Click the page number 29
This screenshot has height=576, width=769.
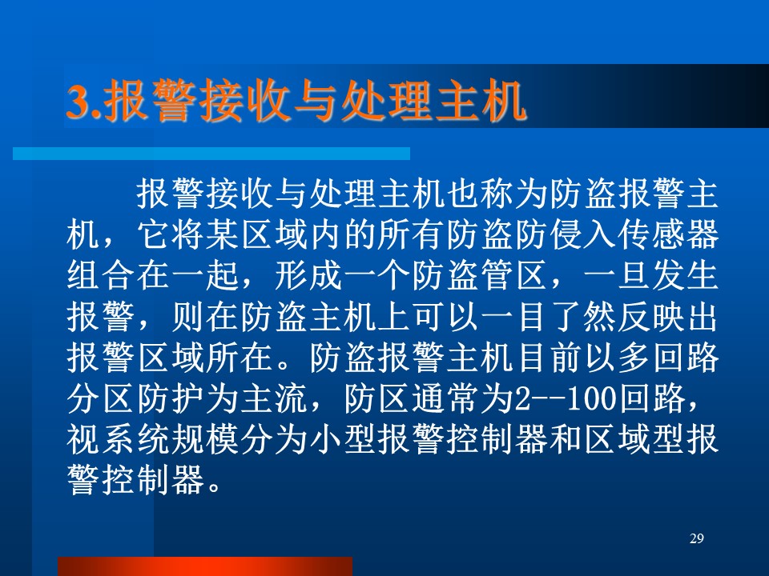696,538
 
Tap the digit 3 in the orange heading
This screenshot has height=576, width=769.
77,102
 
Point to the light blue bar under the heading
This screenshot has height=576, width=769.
211,154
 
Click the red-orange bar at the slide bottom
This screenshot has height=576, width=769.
205,566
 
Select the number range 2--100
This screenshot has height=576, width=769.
564,398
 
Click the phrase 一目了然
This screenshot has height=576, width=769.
547,317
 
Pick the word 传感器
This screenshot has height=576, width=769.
667,234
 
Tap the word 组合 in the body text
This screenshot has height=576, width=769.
101,276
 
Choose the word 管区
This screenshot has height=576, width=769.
513,276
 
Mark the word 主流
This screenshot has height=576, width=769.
272,398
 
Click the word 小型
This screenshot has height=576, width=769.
341,439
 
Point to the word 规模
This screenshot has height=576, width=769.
204,439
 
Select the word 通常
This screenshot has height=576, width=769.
445,398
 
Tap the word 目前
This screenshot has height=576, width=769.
547,358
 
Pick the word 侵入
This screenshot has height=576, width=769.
582,234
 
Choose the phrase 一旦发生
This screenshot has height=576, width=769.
650,276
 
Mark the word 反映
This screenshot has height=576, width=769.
650,317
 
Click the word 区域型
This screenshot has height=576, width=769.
633,439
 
